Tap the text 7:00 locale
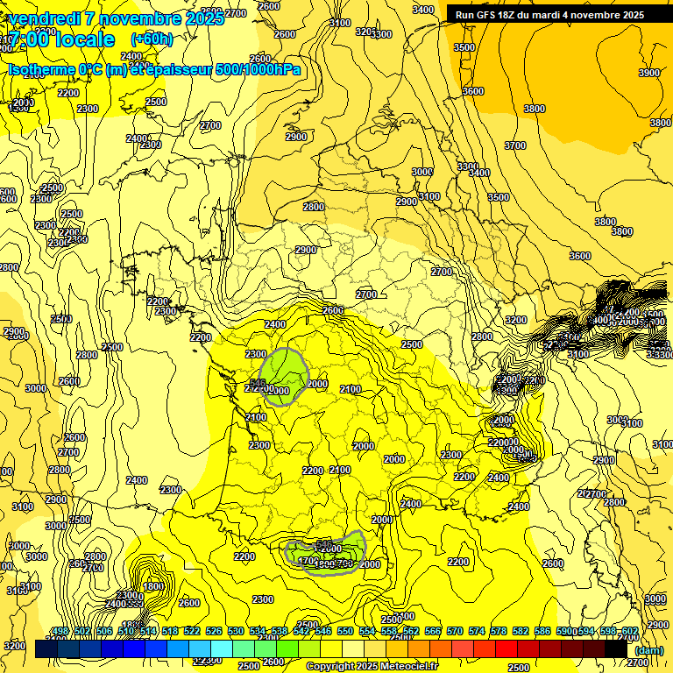[61, 40]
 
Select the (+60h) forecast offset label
[152, 39]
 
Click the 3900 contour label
[649, 73]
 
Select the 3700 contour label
[515, 145]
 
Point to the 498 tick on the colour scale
[60, 631]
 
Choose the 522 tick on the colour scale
[192, 631]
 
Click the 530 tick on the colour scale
[236, 631]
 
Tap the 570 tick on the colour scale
[455, 631]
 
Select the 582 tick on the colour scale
[521, 631]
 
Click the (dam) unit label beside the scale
[649, 649]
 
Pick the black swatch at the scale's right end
[617, 649]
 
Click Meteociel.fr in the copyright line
[407, 667]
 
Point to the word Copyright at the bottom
[331, 667]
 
